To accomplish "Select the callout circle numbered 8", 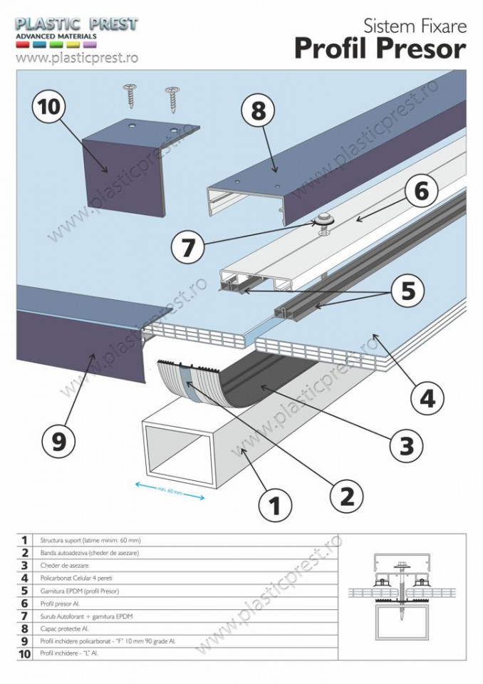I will point(258,113).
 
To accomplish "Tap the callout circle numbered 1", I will point(274,506).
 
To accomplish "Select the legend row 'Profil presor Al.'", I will point(61,603).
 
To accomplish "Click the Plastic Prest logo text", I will point(77,24).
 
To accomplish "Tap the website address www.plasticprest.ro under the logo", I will point(76,58).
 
